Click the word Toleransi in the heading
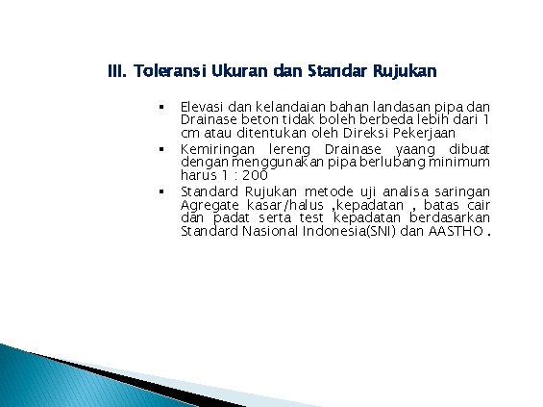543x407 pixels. (x=168, y=71)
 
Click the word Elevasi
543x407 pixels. (x=204, y=106)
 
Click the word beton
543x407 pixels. (x=253, y=119)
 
